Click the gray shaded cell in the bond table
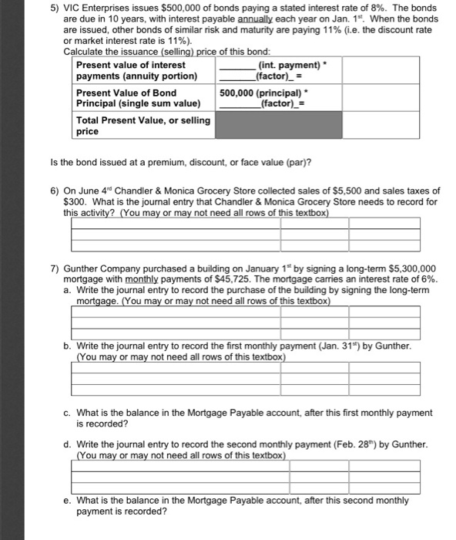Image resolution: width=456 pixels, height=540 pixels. point(278,126)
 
